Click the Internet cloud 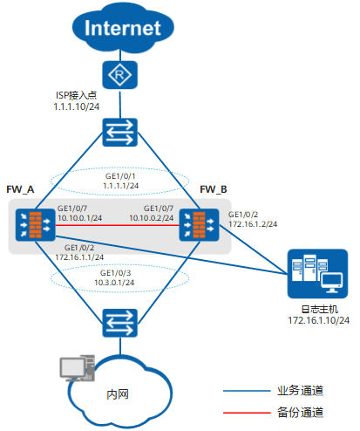123,28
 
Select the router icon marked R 119,75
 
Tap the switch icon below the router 119,133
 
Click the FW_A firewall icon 35,225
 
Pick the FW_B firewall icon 199,225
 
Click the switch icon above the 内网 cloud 119,323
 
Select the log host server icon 317,274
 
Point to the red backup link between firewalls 117,225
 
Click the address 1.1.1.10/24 77,106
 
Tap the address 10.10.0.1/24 80,218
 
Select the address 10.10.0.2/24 152,218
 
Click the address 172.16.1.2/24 253,224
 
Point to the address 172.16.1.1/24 79,257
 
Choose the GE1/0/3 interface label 116,273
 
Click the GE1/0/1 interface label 120,176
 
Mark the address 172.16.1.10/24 319,320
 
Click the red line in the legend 247,413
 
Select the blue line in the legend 247,391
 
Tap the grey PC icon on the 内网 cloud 78,368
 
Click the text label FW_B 214,189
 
